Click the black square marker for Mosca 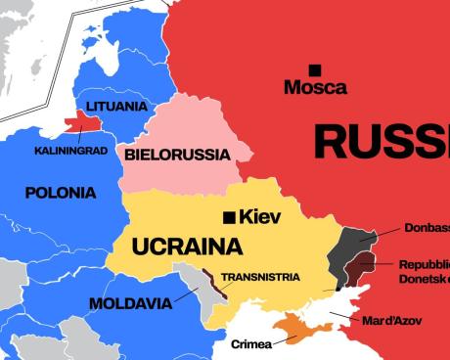coord(314,69)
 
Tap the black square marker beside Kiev coord(228,216)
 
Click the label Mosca coord(315,88)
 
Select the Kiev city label coord(260,216)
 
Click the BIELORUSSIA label coord(177,155)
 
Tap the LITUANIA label coord(117,106)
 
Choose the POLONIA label coord(61,193)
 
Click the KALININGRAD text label coord(70,151)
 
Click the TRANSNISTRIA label coord(260,277)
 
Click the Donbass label coord(427,229)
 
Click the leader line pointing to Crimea coord(285,338)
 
